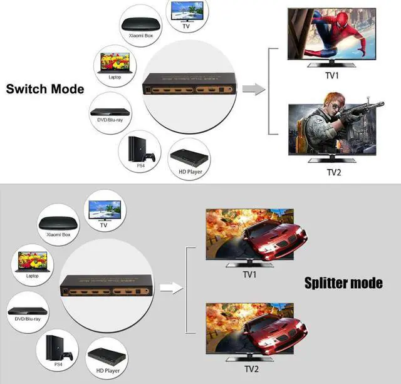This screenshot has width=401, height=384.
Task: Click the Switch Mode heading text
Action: coord(45,89)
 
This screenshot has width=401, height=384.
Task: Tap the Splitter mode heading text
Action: coord(343,283)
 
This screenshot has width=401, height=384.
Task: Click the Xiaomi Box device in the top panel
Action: coord(140,24)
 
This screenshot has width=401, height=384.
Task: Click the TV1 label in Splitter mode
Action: coord(250,274)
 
